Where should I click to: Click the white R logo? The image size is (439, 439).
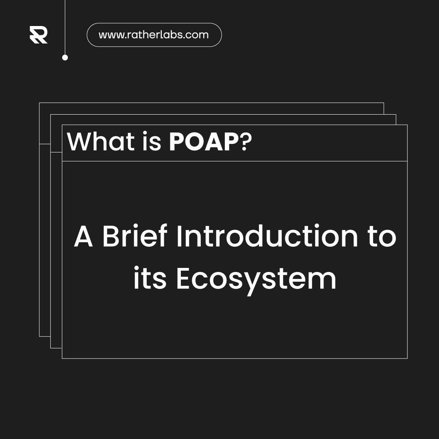tap(39, 35)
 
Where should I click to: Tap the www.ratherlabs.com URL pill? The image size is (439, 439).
tap(154, 35)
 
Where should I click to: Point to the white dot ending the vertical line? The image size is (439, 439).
tap(65, 58)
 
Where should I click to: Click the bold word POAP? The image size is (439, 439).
tap(203, 142)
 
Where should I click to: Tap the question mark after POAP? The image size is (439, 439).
tap(244, 142)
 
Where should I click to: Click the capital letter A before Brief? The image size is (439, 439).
tap(83, 237)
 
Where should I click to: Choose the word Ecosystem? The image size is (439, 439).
tap(256, 280)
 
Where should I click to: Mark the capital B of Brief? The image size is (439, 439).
tap(111, 237)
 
